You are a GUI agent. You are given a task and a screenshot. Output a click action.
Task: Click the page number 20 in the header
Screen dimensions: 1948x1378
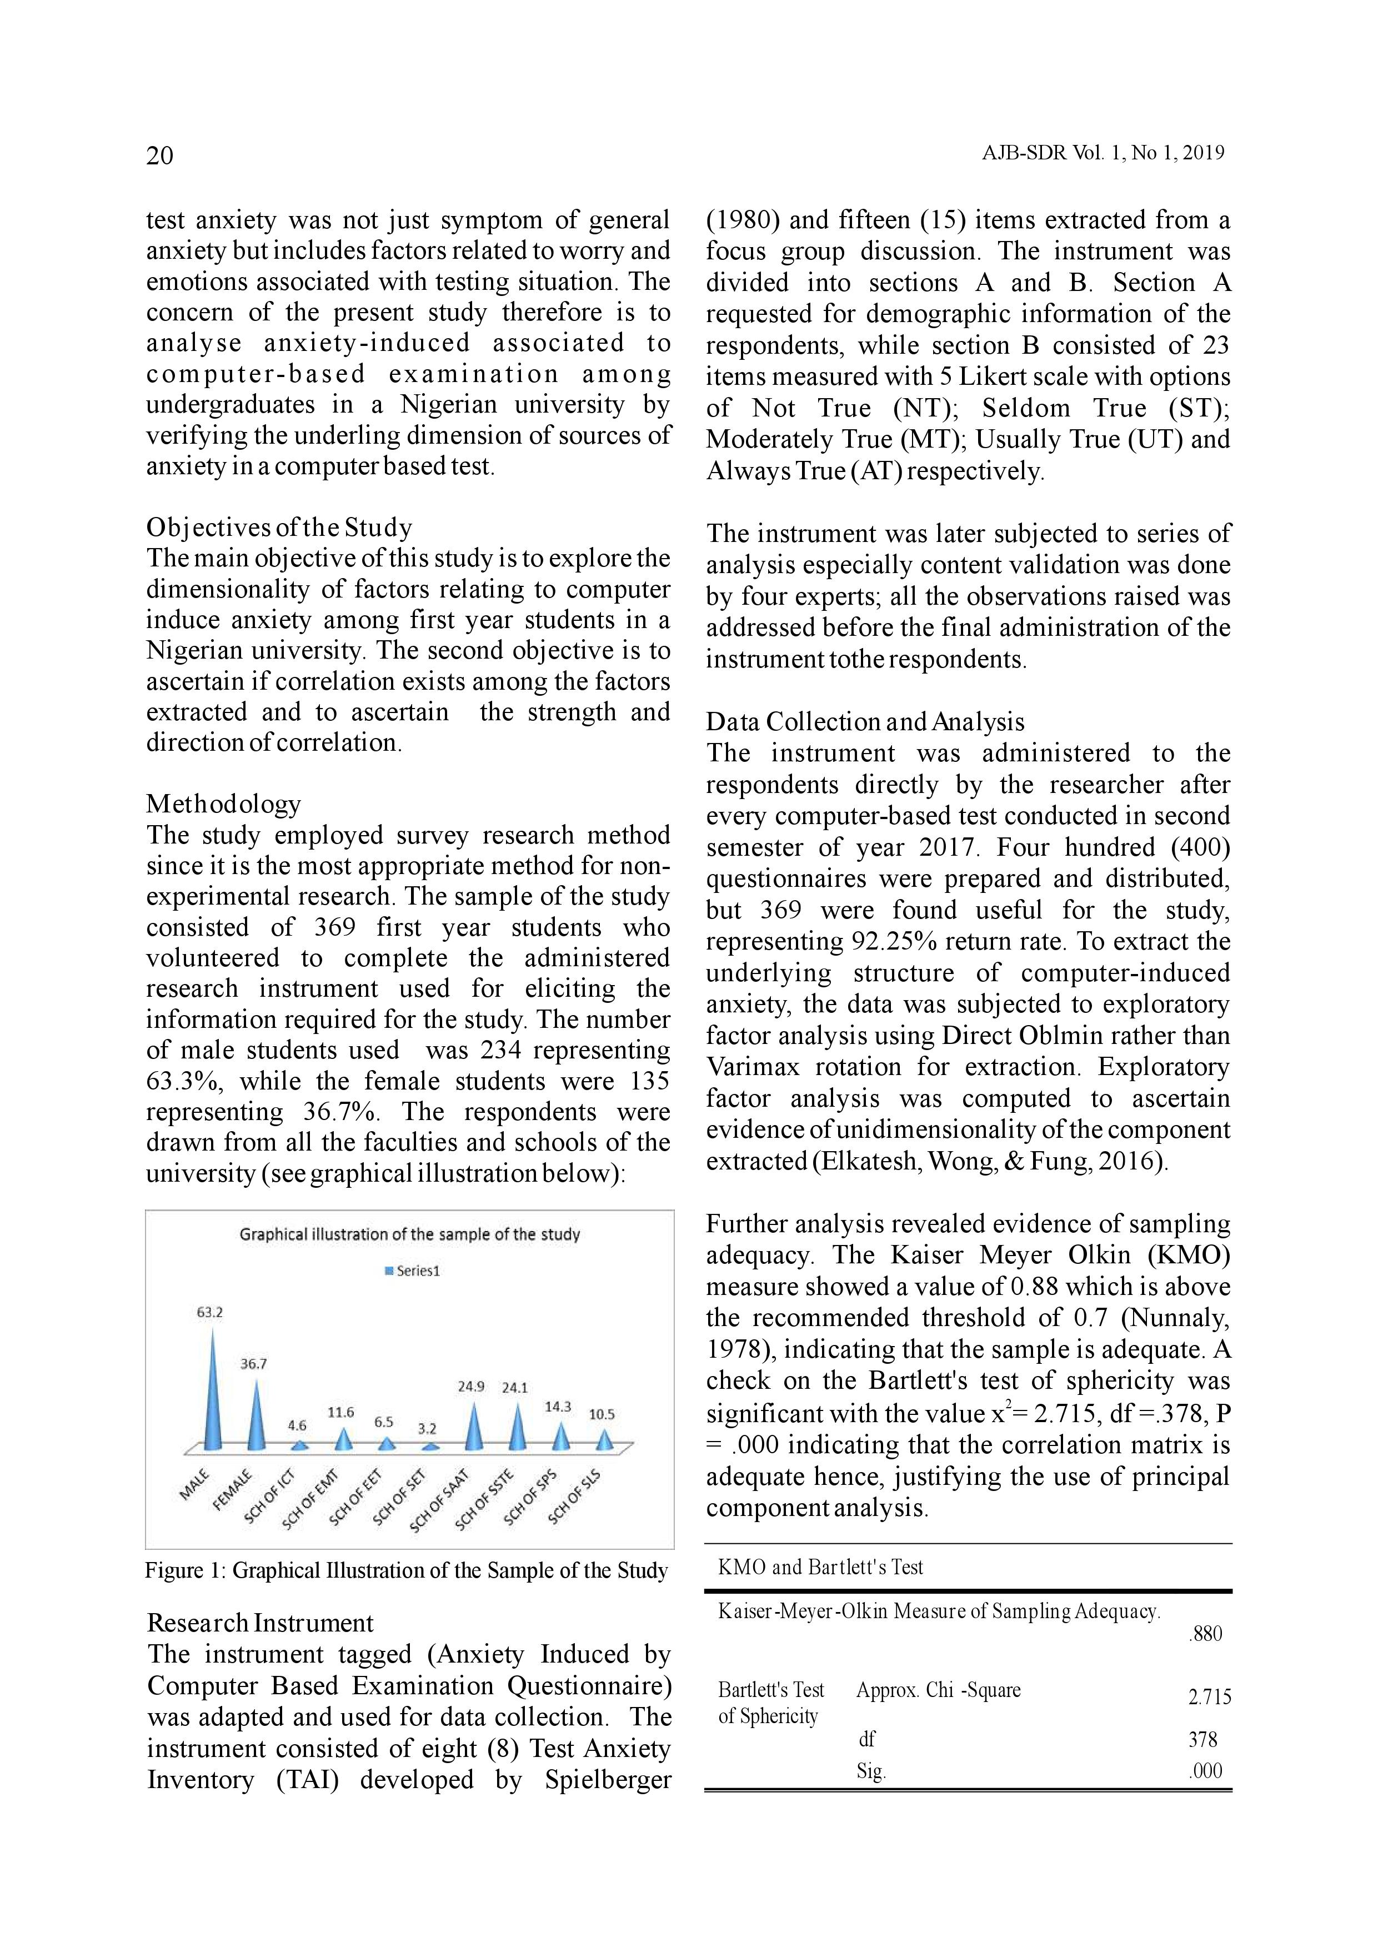[159, 155]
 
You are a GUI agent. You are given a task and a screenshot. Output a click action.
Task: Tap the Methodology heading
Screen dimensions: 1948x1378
[223, 804]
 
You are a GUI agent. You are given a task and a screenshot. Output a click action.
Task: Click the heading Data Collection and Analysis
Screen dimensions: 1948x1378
[865, 722]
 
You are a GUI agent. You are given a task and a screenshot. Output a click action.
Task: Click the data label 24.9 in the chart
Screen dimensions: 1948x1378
[471, 1387]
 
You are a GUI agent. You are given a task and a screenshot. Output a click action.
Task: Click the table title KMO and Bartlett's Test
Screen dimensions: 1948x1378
[820, 1567]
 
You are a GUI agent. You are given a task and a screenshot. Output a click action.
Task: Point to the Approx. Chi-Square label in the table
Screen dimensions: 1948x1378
[938, 1690]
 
